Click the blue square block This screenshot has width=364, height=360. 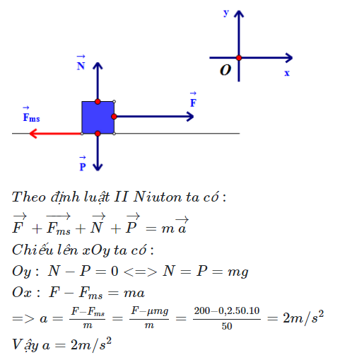pyautogui.click(x=98, y=117)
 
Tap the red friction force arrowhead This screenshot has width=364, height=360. pyautogui.click(x=33, y=134)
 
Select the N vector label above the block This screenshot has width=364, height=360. pyautogui.click(x=81, y=63)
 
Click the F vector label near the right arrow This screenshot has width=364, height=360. pyautogui.click(x=193, y=100)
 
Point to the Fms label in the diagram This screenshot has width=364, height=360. pyautogui.click(x=31, y=115)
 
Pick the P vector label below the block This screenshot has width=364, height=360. pyautogui.click(x=83, y=163)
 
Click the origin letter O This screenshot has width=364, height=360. pyautogui.click(x=225, y=70)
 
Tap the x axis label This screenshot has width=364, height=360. pyautogui.click(x=287, y=73)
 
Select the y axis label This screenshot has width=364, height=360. pyautogui.click(x=226, y=13)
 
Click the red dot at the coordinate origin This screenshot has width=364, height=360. pyautogui.click(x=239, y=58)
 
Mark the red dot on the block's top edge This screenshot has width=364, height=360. pyautogui.click(x=98, y=102)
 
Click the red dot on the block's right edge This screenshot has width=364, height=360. pyautogui.click(x=114, y=117)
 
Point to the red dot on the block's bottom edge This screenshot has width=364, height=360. pyautogui.click(x=98, y=134)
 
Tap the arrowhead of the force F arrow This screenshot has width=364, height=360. pyautogui.click(x=190, y=117)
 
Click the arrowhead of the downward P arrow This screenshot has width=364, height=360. pyautogui.click(x=98, y=167)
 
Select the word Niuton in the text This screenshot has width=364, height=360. pyautogui.click(x=158, y=197)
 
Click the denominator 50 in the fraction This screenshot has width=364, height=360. pyautogui.click(x=227, y=326)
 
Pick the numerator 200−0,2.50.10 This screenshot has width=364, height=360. pyautogui.click(x=227, y=310)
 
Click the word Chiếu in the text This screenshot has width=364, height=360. pyautogui.click(x=33, y=250)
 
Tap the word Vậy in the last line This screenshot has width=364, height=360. pyautogui.click(x=25, y=345)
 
